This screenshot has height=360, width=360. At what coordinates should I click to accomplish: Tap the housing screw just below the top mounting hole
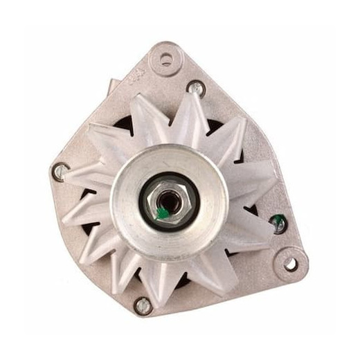pos(195,87)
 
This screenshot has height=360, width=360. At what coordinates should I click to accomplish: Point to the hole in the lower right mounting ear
pos(289,264)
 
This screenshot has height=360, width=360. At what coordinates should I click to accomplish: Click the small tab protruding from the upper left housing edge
pos(111,87)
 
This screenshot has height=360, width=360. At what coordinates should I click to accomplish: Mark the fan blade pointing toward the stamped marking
pos(145,111)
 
